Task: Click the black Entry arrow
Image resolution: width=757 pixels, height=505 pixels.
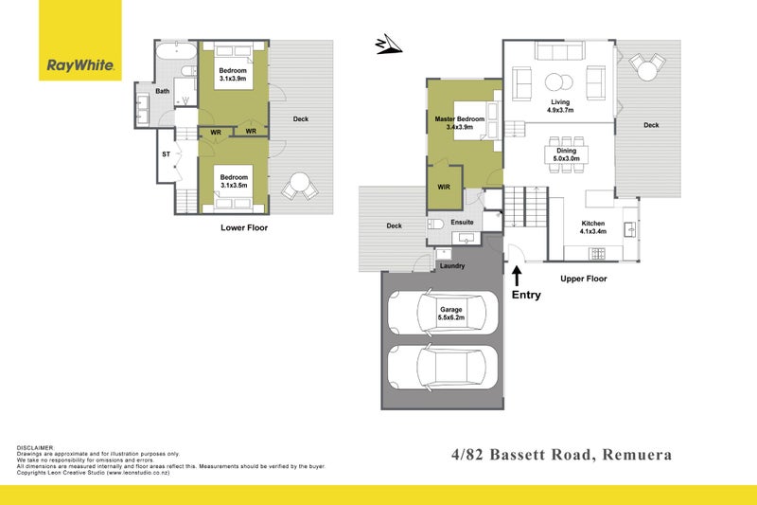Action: click(x=517, y=276)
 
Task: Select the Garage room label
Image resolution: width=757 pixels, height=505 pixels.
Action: click(x=450, y=309)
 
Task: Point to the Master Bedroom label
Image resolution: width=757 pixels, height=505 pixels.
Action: click(x=460, y=119)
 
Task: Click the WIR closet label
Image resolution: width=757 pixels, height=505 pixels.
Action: click(x=444, y=187)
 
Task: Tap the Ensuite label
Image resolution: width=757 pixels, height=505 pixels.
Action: click(x=462, y=222)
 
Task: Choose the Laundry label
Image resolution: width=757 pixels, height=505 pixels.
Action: click(x=452, y=266)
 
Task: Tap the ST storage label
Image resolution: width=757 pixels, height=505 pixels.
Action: click(x=166, y=153)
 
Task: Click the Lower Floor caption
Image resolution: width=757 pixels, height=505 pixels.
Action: click(x=244, y=228)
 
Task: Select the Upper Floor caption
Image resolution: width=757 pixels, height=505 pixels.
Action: click(x=583, y=279)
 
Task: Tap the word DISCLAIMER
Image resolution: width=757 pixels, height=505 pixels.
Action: click(x=36, y=446)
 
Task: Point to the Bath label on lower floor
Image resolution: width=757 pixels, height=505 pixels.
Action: click(x=163, y=91)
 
